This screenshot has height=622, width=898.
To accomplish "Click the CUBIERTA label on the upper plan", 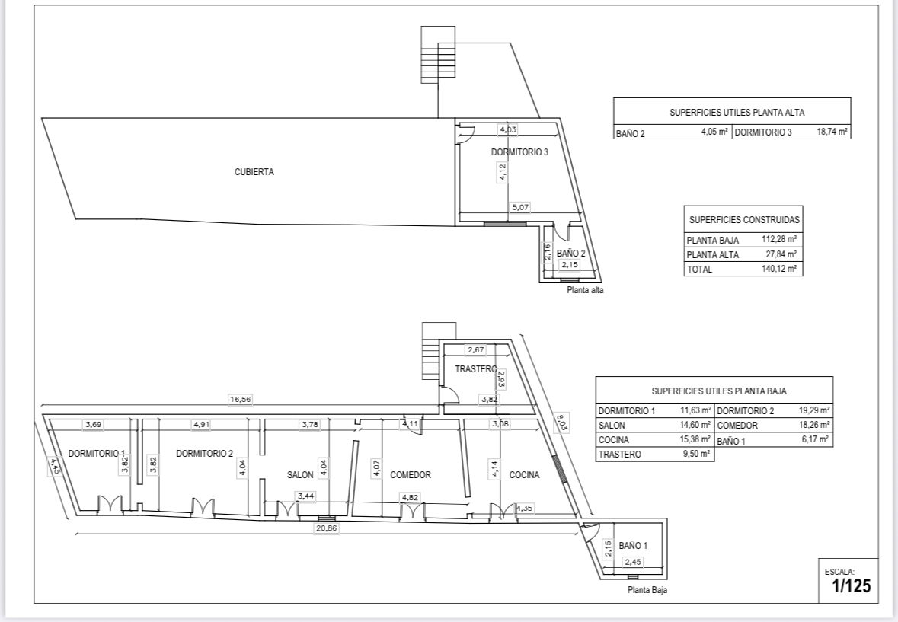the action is click(x=254, y=171).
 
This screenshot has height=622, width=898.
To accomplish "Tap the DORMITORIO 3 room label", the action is click(x=520, y=152).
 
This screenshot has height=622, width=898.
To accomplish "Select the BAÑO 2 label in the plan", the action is click(x=571, y=254).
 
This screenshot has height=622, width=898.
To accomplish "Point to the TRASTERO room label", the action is click(x=475, y=369).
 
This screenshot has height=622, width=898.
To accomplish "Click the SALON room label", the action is click(x=300, y=475).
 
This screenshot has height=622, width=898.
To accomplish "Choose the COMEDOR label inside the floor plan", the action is click(x=411, y=475).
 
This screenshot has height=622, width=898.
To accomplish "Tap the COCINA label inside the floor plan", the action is click(x=524, y=475).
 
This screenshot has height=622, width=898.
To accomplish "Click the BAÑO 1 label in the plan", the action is click(x=633, y=546).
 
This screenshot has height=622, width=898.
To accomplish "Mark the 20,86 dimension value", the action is click(x=327, y=528).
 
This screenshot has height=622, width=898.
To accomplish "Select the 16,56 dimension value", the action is click(x=240, y=400).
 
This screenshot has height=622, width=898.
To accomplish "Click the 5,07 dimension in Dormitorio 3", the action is click(x=520, y=207).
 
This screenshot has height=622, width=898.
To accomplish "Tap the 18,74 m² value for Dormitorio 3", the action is click(x=832, y=132).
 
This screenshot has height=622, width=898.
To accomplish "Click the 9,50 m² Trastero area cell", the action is click(x=695, y=454).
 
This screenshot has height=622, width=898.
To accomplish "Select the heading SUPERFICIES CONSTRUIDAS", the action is click(x=744, y=220).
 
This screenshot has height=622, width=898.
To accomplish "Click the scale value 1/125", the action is click(x=851, y=586).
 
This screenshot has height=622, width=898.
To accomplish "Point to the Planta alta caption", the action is click(x=585, y=290).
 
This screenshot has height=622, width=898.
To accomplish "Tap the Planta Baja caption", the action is click(x=647, y=590).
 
